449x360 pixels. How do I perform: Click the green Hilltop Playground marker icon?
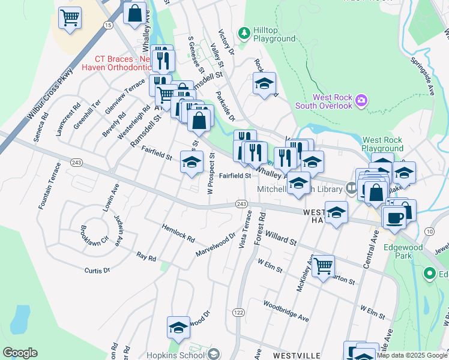244,32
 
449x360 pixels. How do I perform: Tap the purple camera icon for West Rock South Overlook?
361,99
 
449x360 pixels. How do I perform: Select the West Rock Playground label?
383,144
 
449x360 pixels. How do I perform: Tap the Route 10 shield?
429,231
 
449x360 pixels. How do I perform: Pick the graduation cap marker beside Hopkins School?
178,328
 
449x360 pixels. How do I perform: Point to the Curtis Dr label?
97,271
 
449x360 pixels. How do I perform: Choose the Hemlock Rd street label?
178,233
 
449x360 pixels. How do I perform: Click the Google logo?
20,353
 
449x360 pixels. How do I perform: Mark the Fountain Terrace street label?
48,185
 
